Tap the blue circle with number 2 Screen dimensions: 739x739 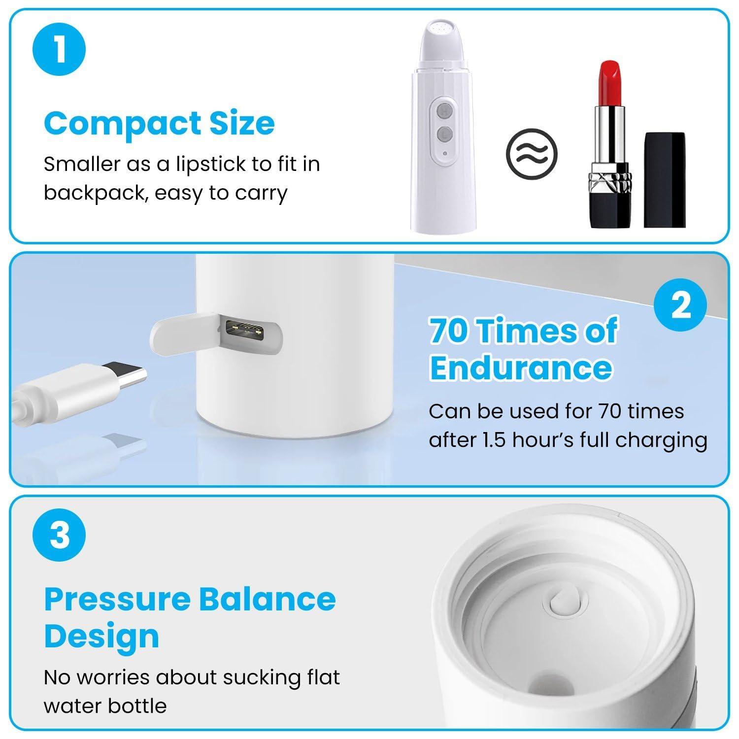click(x=680, y=305)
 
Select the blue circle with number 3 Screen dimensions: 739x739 click(x=59, y=535)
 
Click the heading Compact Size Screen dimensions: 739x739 click(x=159, y=123)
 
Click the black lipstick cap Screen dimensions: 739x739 click(x=665, y=179)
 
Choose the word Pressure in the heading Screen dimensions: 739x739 click(x=117, y=600)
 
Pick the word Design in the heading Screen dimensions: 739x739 click(x=101, y=636)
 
